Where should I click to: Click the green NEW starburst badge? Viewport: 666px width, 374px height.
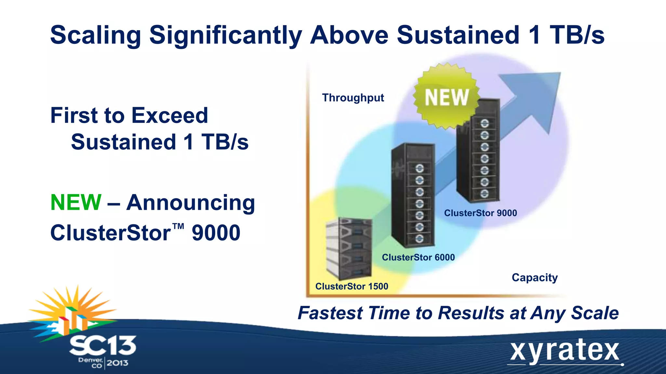[446, 97]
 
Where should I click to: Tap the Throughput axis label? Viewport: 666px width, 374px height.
[353, 98]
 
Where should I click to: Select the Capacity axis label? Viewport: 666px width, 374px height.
[535, 278]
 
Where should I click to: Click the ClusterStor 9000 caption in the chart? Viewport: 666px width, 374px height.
[480, 213]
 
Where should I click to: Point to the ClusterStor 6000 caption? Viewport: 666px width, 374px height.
[418, 257]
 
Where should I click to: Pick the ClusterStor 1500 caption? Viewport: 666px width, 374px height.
[352, 286]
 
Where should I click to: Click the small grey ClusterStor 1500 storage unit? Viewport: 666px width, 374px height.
[349, 248]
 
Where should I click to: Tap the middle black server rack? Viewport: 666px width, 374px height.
[413, 195]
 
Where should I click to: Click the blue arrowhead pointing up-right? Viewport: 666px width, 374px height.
[540, 94]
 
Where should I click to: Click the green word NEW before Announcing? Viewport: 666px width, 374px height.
[76, 202]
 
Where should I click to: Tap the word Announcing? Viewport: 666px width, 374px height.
[191, 203]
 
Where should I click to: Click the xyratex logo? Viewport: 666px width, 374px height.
[565, 352]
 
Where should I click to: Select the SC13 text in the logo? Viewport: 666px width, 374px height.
[103, 345]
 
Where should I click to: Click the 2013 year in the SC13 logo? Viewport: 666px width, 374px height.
[117, 363]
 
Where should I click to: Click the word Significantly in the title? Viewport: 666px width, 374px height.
[225, 35]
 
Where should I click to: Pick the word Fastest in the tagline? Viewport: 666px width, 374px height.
[330, 313]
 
